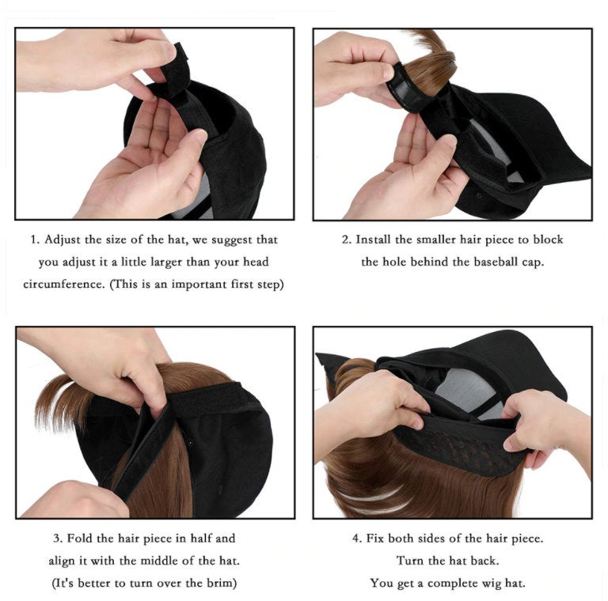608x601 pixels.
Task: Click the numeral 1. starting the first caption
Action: click(35, 240)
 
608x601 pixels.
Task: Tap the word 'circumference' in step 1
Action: click(64, 284)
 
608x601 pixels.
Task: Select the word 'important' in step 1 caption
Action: click(199, 285)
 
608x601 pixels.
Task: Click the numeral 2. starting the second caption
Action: click(346, 240)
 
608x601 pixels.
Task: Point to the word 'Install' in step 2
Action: click(374, 240)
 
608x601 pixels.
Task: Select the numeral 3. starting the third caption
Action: click(58, 539)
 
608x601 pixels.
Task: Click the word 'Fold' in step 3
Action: click(78, 539)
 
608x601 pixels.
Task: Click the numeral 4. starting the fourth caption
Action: click(357, 539)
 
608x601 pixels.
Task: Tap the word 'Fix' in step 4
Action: click(375, 539)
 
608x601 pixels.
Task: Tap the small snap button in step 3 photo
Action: click(190, 441)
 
